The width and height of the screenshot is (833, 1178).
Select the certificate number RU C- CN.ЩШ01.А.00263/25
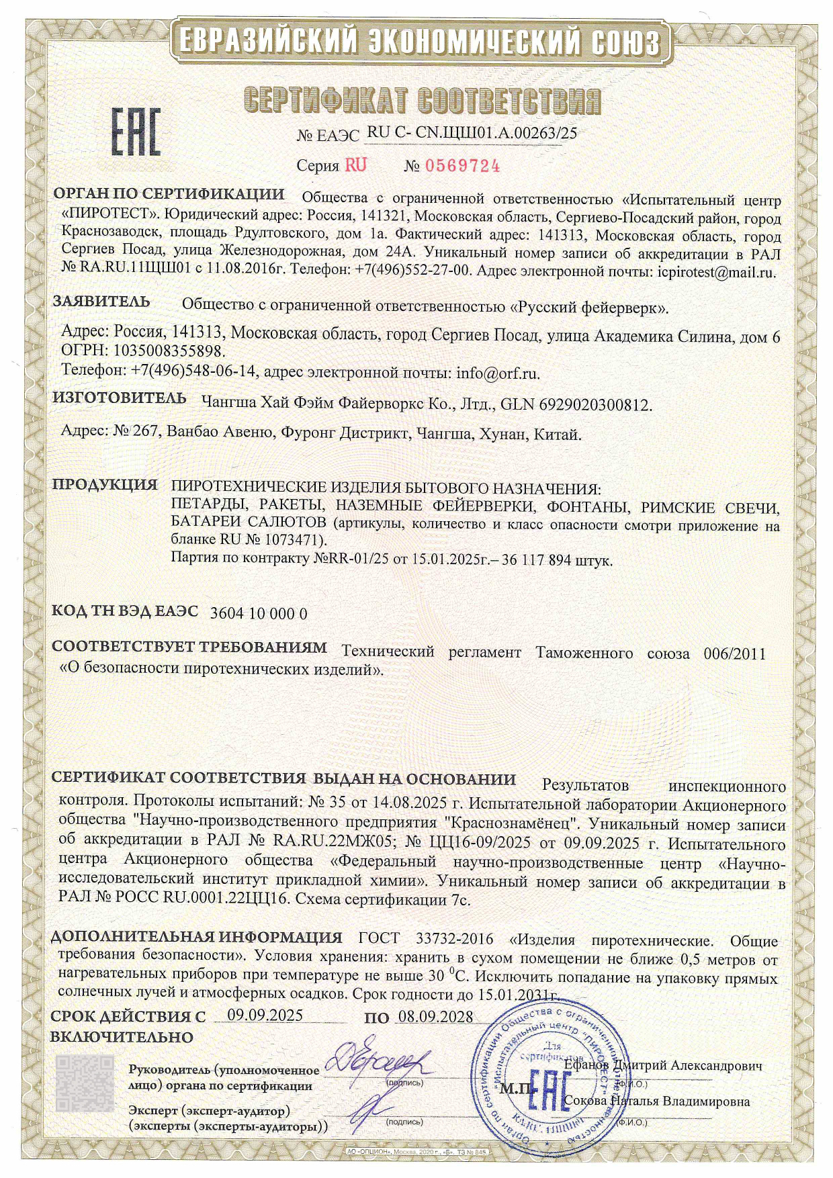point(472,133)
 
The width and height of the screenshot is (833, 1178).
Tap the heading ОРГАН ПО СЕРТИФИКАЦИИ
point(169,195)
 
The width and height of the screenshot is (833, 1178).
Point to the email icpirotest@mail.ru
point(715,272)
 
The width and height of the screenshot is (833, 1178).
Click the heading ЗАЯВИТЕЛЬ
point(101,302)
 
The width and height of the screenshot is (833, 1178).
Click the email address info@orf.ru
point(498,373)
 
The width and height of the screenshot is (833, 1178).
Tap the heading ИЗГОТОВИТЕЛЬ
point(120,398)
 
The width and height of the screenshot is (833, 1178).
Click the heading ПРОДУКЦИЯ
point(105,485)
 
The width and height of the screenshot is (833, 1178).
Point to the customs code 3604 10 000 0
point(259,613)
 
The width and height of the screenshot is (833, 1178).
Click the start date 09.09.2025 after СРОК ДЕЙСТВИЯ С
point(265,1015)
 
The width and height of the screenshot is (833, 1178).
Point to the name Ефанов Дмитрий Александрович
point(663,1066)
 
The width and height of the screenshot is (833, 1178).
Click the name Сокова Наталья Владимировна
point(656,1101)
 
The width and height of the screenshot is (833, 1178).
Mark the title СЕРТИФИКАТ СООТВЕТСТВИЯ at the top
point(422,101)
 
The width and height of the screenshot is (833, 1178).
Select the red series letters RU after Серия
point(356,165)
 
